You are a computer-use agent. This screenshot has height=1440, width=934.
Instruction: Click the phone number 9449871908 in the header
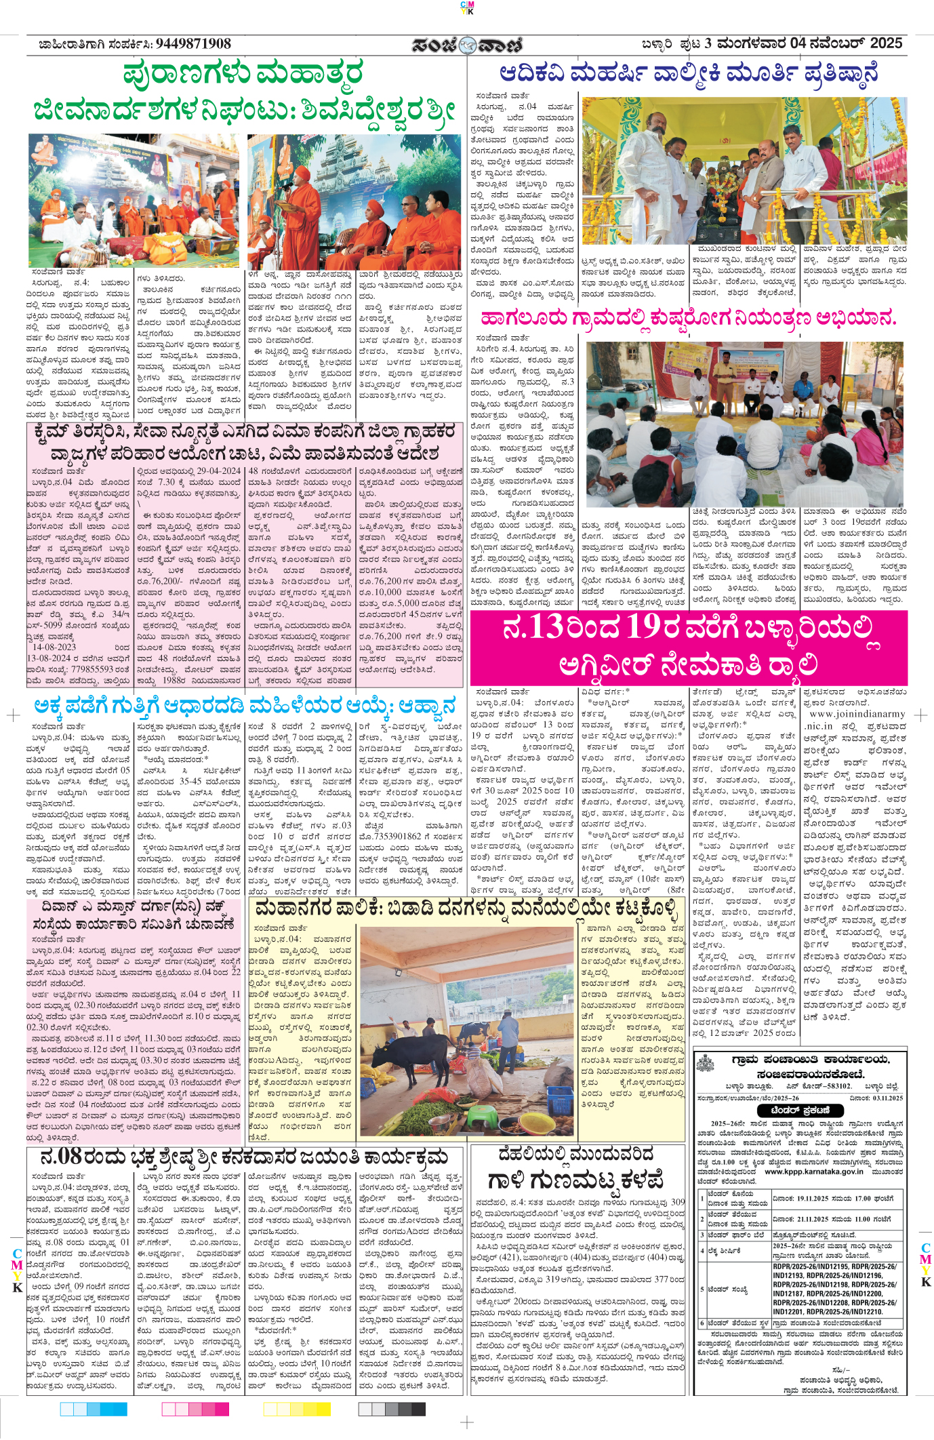pos(193,44)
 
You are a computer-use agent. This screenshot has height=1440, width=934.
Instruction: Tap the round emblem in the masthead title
pos(467,45)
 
